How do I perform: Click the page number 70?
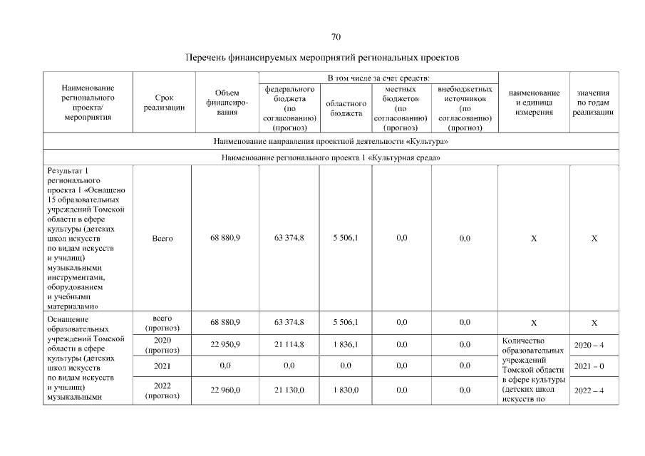click(336, 36)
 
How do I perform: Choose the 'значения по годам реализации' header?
click(594, 103)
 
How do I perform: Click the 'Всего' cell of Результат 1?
click(162, 239)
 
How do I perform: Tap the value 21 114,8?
click(289, 345)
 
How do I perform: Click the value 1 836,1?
click(345, 345)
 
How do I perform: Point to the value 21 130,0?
click(289, 390)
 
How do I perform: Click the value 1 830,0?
click(345, 390)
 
